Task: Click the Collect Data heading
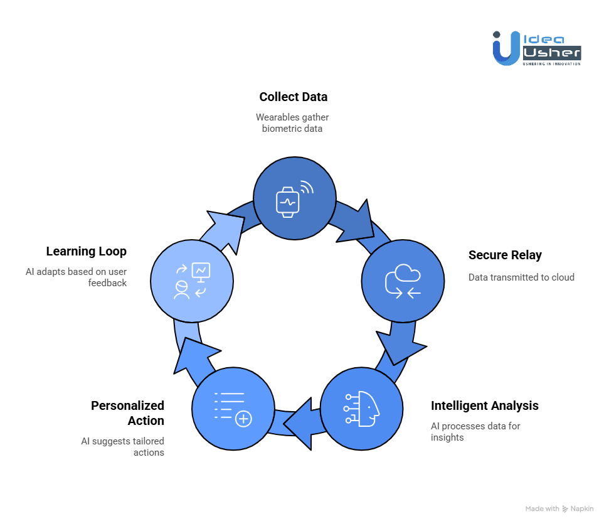(293, 97)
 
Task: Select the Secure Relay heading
(505, 255)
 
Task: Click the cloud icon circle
(403, 281)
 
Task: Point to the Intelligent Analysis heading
(484, 406)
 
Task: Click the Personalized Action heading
(127, 413)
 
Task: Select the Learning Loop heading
(86, 252)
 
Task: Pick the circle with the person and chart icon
(192, 280)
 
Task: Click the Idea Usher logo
(536, 48)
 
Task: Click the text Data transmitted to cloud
(521, 277)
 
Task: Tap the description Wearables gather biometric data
(292, 122)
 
